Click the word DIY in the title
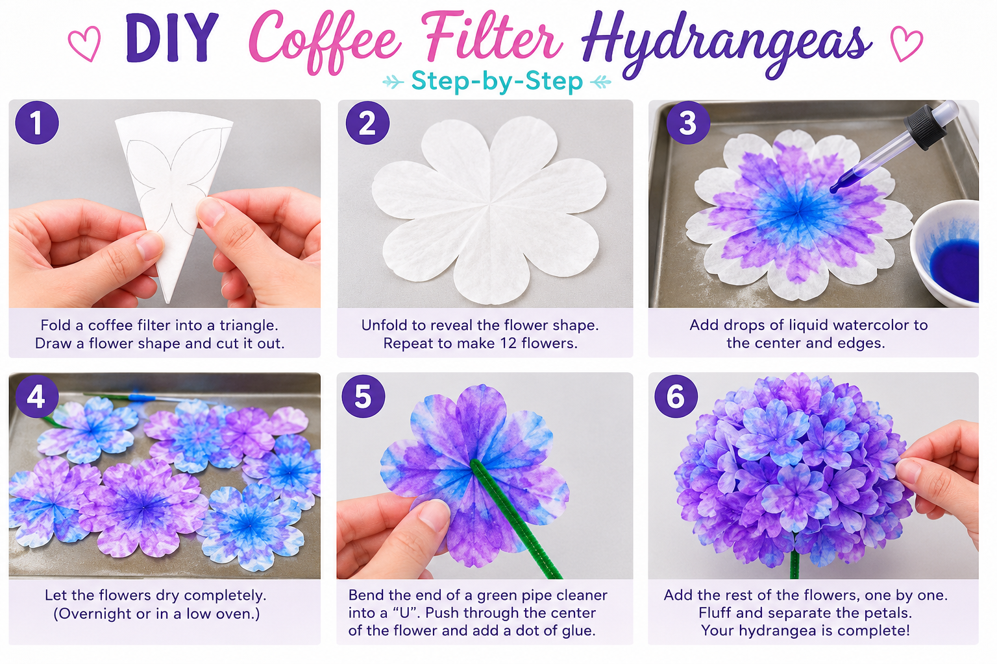[172, 38]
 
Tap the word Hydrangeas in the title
[726, 45]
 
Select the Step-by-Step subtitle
[497, 82]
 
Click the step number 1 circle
[36, 123]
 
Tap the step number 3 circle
[687, 123]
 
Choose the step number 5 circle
[363, 396]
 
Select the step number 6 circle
[676, 396]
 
